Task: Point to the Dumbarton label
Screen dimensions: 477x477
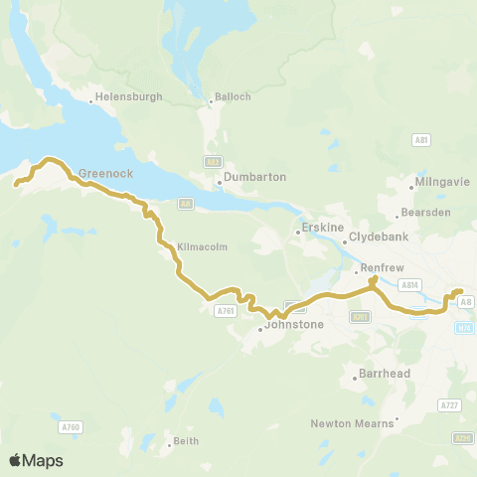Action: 255,177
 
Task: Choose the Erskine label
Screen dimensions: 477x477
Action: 322,228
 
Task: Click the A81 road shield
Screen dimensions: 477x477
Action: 421,141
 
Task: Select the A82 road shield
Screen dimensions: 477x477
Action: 212,162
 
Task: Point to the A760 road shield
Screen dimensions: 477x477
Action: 70,427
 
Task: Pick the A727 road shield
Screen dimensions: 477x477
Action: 449,405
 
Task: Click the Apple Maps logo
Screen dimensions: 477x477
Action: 36,460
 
